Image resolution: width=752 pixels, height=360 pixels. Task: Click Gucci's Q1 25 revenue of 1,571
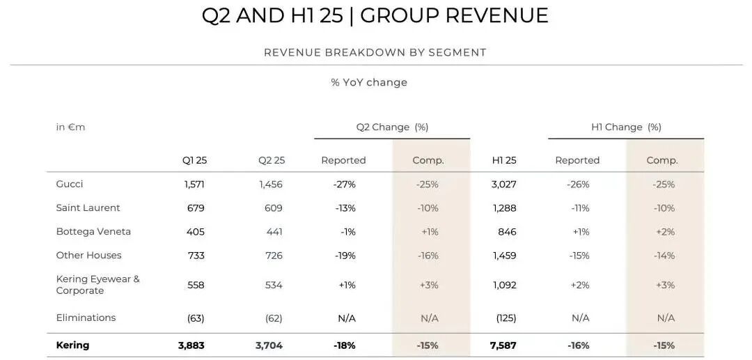(x=191, y=185)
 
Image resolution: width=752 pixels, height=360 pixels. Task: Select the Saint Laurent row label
(x=88, y=208)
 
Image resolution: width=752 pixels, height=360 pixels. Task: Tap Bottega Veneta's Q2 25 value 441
(x=274, y=232)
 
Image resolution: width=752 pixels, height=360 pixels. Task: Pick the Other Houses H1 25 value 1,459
(x=504, y=256)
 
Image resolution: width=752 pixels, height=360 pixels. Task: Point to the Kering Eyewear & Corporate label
(x=97, y=285)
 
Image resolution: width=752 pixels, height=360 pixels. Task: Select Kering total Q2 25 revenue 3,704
(x=269, y=345)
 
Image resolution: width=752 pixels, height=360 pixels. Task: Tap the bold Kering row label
(x=72, y=345)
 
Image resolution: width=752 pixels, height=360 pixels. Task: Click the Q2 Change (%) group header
(x=392, y=127)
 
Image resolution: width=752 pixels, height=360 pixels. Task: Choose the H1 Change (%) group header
(x=626, y=127)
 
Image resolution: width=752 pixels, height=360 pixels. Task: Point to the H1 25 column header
(x=504, y=160)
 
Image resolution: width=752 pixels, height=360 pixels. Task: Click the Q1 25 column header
(x=194, y=160)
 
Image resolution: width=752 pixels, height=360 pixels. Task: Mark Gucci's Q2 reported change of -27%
(x=344, y=185)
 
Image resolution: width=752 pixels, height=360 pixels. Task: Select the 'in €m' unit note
(x=70, y=127)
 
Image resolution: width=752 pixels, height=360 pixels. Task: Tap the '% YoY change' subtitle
(x=369, y=83)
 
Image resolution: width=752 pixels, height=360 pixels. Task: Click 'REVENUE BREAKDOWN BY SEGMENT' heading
(x=375, y=53)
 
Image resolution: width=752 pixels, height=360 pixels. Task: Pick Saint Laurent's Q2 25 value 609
(x=274, y=208)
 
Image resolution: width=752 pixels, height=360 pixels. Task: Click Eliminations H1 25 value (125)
(x=505, y=318)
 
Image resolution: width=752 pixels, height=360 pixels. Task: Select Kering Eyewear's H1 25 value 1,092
(x=504, y=285)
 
